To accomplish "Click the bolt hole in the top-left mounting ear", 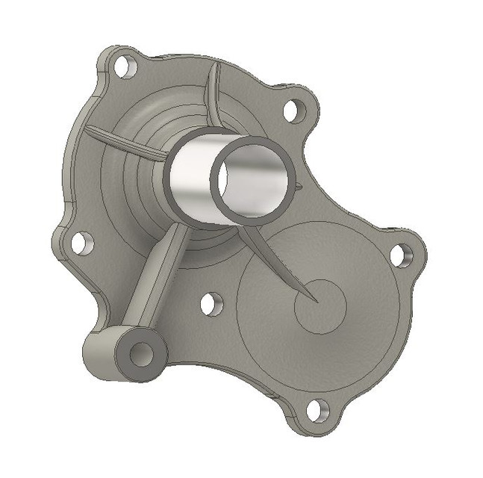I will point(126,66).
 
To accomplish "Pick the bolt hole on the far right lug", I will point(401,255).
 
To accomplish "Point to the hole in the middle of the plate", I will point(211,304).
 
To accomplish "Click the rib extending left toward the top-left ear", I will point(123,141).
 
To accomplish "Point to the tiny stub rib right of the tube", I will point(298,186).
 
